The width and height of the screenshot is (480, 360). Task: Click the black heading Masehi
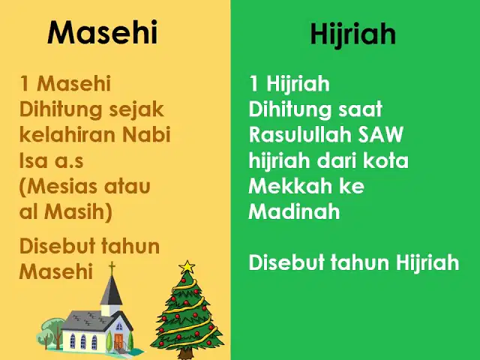102,32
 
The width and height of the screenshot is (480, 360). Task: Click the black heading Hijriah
353,34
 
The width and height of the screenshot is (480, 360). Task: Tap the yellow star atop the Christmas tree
187,267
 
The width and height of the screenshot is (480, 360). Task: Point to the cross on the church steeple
112,268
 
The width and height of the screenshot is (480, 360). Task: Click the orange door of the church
118,342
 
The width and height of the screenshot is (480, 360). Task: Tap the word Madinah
294,211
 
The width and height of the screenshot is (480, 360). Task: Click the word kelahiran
67,134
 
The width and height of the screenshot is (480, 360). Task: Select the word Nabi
146,134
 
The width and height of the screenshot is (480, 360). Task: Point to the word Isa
33,160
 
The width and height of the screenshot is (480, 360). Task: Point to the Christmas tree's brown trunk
185,354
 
